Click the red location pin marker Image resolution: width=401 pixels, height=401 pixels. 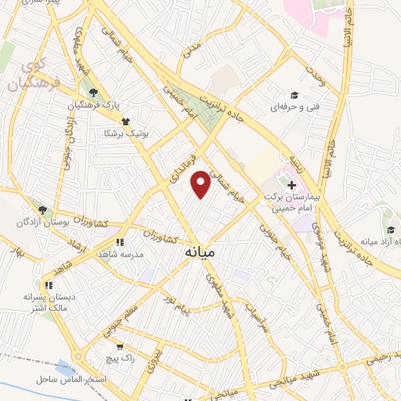(201, 182)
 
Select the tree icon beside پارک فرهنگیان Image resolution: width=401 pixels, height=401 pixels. (93, 93)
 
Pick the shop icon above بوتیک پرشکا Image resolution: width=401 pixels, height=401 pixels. (125, 121)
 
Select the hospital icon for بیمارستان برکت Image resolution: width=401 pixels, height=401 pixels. (291, 186)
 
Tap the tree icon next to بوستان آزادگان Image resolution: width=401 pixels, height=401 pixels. (42, 210)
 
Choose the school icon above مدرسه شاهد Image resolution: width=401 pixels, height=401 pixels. (120, 243)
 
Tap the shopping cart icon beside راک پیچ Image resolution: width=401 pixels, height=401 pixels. (119, 345)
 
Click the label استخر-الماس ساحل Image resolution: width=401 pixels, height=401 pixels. (75, 379)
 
